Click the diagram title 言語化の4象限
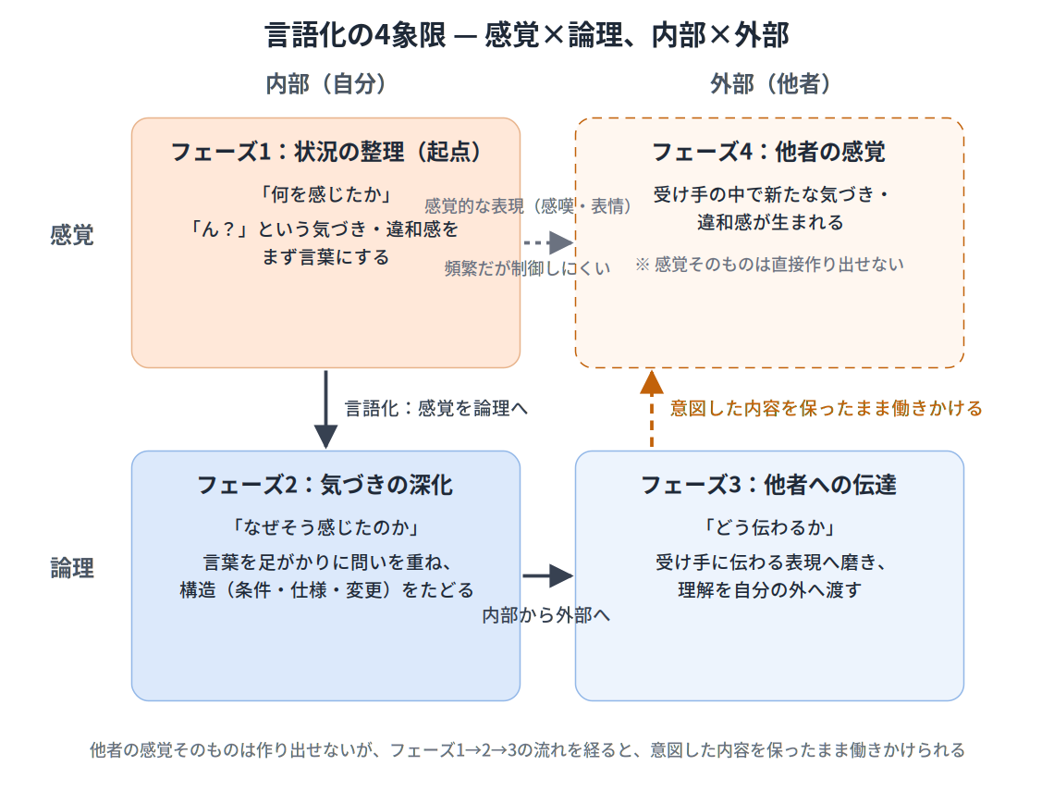pyautogui.click(x=355, y=35)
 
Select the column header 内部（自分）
pyautogui.click(x=326, y=84)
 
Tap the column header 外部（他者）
pyautogui.click(x=770, y=84)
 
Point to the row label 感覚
pyautogui.click(x=72, y=235)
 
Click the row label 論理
pyautogui.click(x=72, y=568)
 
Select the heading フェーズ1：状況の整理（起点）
pyautogui.click(x=326, y=152)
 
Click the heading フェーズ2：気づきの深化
pyautogui.click(x=325, y=484)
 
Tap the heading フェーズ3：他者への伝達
pyautogui.click(x=769, y=484)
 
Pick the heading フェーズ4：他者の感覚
pyautogui.click(x=769, y=152)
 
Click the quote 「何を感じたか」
pyautogui.click(x=326, y=194)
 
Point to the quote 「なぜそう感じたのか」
pyautogui.click(x=326, y=527)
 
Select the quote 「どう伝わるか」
pyautogui.click(x=769, y=527)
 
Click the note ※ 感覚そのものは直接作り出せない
pyautogui.click(x=769, y=265)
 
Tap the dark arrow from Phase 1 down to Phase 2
pyautogui.click(x=326, y=409)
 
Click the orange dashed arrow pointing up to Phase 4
pyautogui.click(x=652, y=409)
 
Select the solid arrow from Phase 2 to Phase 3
pyautogui.click(x=548, y=575)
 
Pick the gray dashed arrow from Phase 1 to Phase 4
pyautogui.click(x=548, y=242)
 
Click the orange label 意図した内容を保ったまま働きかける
pyautogui.click(x=827, y=408)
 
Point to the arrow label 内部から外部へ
pyautogui.click(x=545, y=615)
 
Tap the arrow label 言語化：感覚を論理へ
pyautogui.click(x=436, y=408)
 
